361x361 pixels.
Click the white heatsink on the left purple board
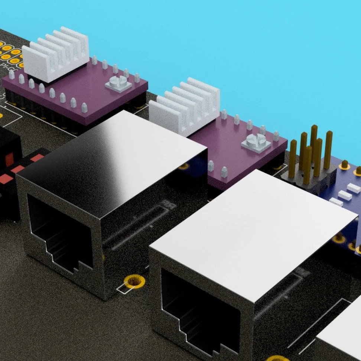click(56, 56)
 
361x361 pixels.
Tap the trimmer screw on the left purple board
click(118, 83)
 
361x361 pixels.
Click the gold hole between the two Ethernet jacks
click(134, 281)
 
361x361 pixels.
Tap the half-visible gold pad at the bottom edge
click(277, 358)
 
